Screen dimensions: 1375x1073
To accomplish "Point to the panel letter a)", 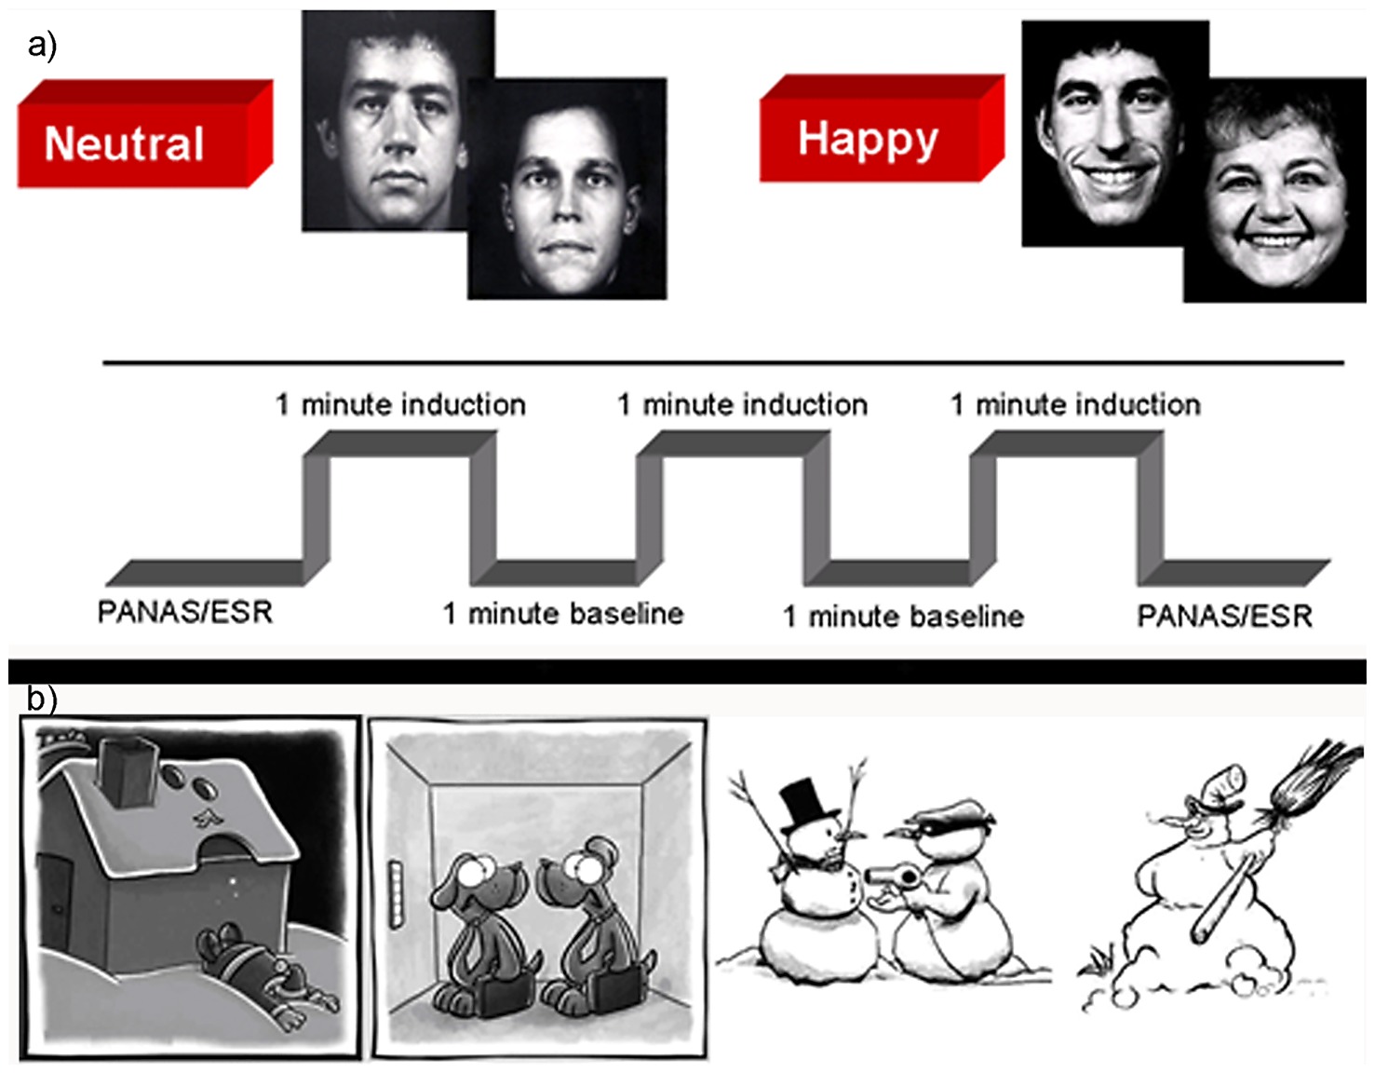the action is (x=42, y=44).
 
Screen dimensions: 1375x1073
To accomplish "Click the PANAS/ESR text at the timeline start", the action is (x=184, y=612).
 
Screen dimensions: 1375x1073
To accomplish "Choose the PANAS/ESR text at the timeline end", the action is (x=1224, y=615).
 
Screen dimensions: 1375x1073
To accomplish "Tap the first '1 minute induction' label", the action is (x=400, y=404).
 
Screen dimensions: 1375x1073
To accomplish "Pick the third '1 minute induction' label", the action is (x=1075, y=404).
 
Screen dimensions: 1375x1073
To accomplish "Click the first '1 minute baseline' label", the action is (x=562, y=614).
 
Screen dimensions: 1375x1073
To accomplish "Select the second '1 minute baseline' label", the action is (x=903, y=616).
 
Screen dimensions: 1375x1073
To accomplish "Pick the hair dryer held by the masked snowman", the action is (x=885, y=876).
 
